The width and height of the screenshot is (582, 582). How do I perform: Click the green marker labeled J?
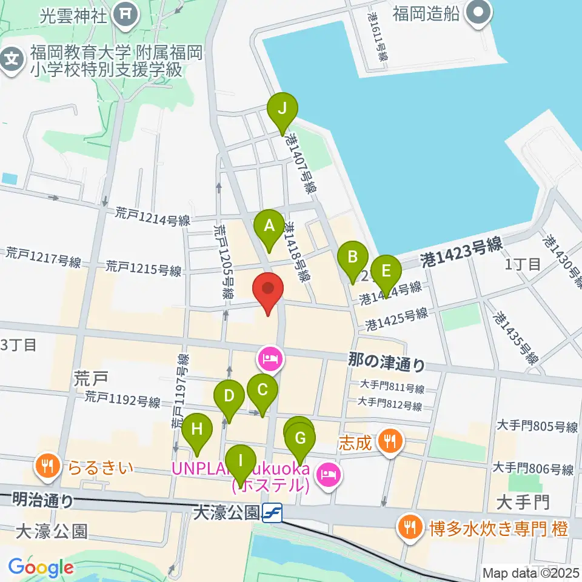[x=281, y=110]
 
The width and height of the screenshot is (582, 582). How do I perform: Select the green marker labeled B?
[x=352, y=258]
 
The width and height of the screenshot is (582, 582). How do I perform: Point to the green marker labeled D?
[x=229, y=397]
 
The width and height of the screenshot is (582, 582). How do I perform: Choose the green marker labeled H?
[x=196, y=430]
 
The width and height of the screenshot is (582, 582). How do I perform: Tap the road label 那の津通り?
[x=387, y=363]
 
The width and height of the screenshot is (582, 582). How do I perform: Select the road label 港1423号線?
[x=461, y=250]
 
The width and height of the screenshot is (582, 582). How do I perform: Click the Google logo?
[x=41, y=568]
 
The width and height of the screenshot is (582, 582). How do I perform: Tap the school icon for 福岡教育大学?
[x=12, y=59]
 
